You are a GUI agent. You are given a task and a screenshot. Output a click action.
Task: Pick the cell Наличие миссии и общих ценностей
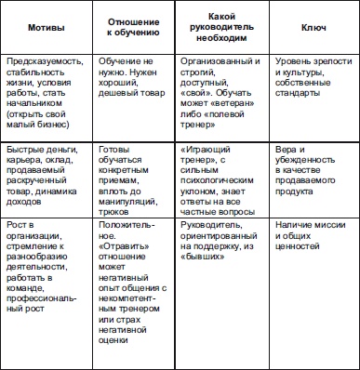[x=308, y=235]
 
